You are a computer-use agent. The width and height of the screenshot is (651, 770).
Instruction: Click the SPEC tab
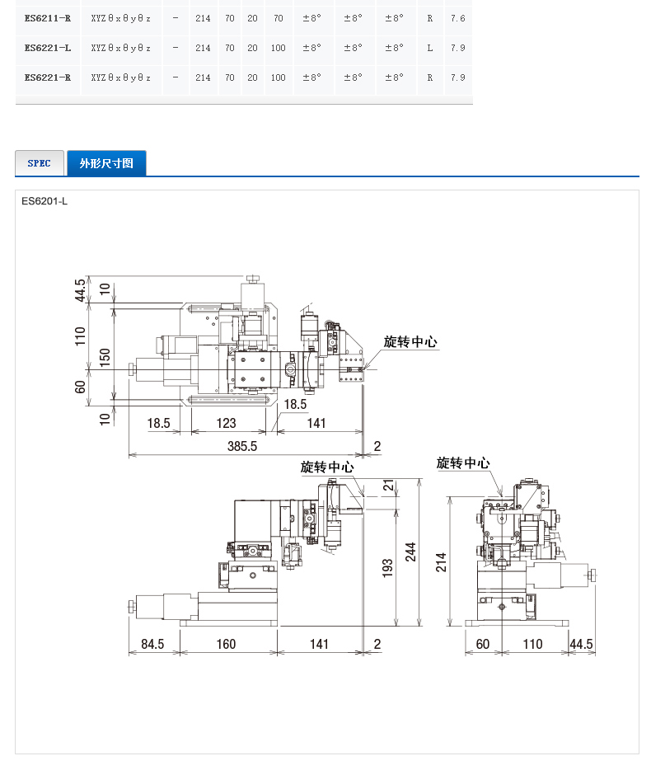coord(40,163)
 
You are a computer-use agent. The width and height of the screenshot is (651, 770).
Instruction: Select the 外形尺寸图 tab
coord(106,163)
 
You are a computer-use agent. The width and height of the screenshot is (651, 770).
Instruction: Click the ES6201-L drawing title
coord(44,201)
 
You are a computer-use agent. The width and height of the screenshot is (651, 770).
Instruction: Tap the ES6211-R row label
coord(48,18)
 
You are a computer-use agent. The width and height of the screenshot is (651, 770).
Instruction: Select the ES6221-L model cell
coord(48,48)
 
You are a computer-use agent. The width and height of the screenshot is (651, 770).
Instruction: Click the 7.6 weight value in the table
coord(458,18)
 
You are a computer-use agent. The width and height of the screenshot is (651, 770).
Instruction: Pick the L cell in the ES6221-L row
coord(430,48)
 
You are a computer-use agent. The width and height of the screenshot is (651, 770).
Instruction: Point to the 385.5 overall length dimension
coord(242,446)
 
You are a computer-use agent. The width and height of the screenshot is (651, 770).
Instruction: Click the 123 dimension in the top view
coord(227,423)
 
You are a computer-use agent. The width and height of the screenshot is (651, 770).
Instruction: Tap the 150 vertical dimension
coord(105,358)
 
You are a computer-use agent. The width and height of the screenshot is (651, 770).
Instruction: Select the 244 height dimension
coord(410,552)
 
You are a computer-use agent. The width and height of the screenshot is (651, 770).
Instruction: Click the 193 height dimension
coord(388,568)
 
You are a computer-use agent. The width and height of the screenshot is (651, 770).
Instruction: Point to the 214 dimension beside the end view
coord(441,562)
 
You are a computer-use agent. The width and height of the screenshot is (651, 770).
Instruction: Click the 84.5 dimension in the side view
coord(152,644)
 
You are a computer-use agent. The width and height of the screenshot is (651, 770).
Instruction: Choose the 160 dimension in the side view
coord(227,644)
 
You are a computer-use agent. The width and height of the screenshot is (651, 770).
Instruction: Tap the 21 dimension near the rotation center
coord(388,486)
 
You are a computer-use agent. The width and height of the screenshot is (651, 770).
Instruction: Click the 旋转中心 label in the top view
coord(410,342)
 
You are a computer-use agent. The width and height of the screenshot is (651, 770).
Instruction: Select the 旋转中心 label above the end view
coord(463,463)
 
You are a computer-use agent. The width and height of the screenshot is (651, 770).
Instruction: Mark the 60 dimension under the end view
coord(483,644)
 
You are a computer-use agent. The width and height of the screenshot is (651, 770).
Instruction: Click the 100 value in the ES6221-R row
coord(278,77)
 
